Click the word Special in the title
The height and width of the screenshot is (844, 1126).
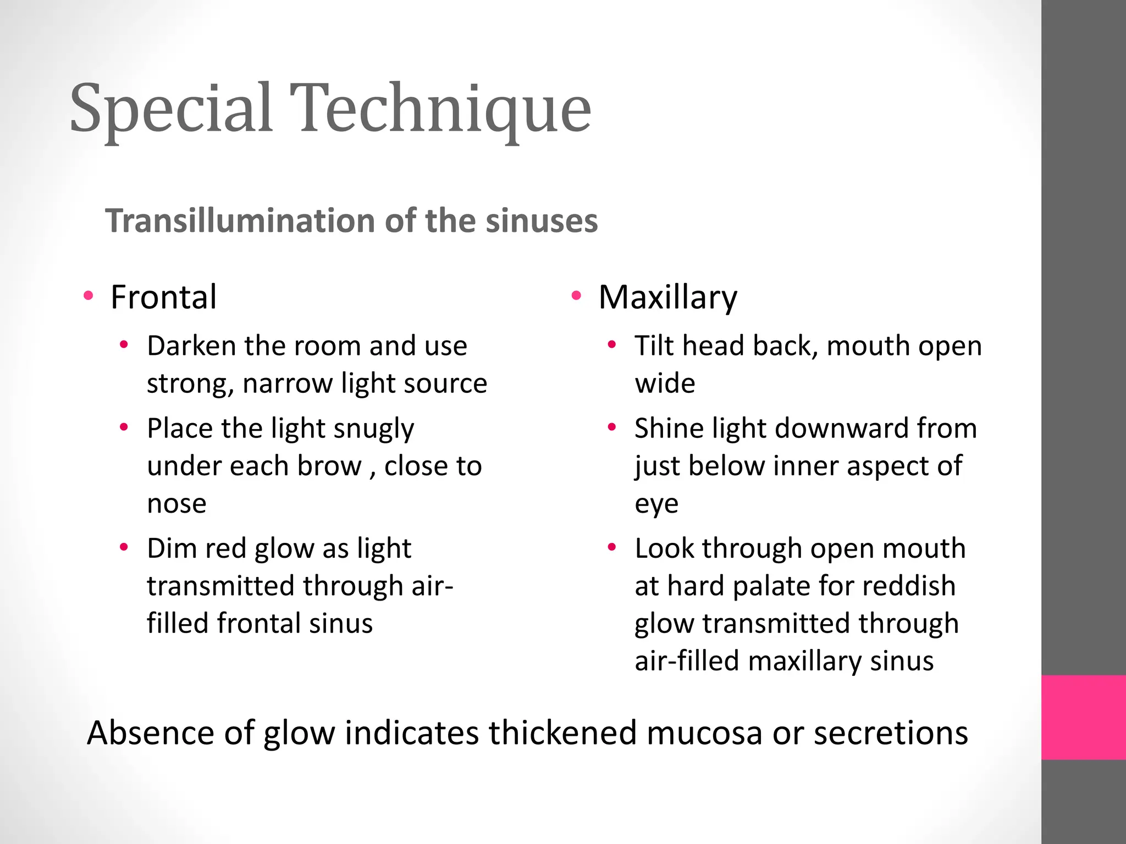[x=171, y=108]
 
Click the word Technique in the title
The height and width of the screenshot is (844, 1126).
[x=440, y=108]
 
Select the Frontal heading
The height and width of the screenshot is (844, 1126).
[x=163, y=297]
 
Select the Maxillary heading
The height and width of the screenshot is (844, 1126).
[x=667, y=297]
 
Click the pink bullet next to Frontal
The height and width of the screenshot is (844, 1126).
[x=88, y=297]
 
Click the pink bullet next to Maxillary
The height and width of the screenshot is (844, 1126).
[x=576, y=297]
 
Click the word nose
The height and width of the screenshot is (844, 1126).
[x=176, y=504]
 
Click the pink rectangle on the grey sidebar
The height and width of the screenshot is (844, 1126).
[x=1084, y=717]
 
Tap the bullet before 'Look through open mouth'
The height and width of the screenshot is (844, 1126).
[x=612, y=548]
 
